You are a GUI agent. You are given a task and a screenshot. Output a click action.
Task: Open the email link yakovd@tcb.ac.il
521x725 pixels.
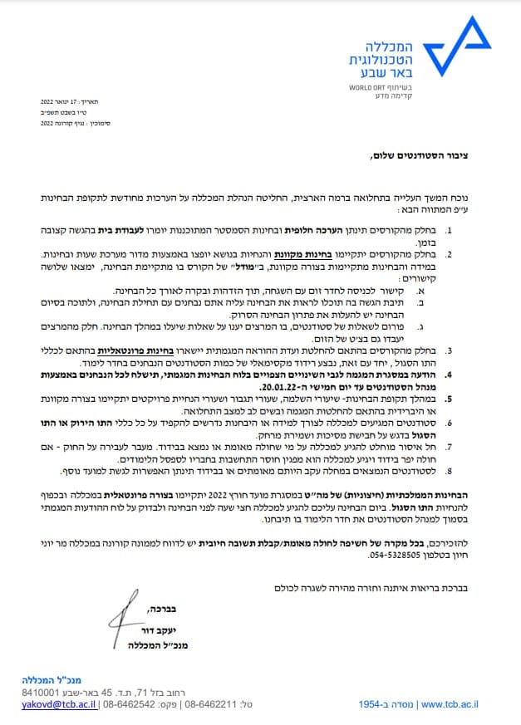pyautogui.click(x=57, y=703)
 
